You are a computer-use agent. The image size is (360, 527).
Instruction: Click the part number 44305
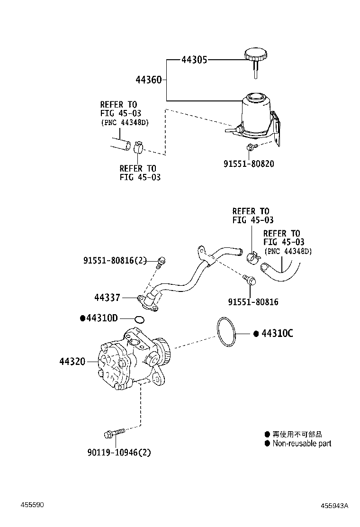click(194, 60)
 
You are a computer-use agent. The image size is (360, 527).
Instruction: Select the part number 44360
click(149, 80)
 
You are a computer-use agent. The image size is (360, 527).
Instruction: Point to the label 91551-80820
click(249, 164)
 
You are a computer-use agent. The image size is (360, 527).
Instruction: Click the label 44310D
click(101, 318)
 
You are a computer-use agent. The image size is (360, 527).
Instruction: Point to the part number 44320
click(72, 362)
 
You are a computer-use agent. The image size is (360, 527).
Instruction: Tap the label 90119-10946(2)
click(119, 452)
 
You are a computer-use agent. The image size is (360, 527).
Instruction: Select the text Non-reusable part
click(301, 444)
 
